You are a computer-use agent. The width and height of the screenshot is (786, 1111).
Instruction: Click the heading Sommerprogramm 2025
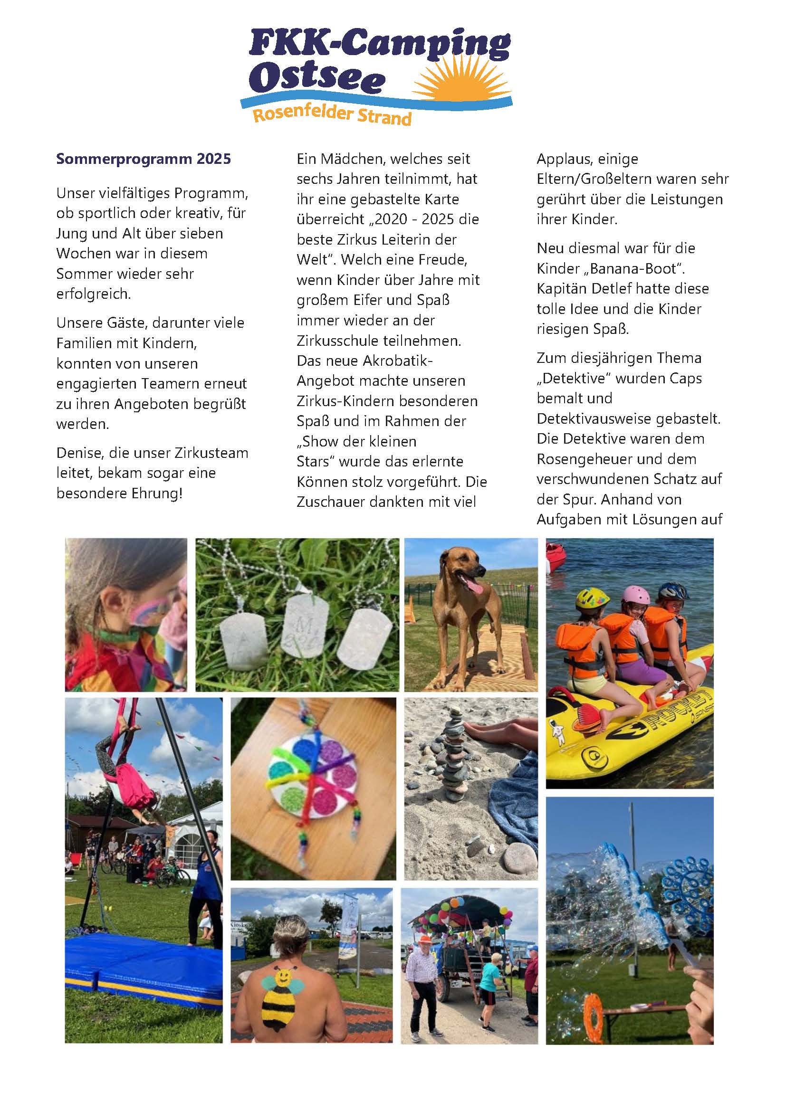tap(143, 159)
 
